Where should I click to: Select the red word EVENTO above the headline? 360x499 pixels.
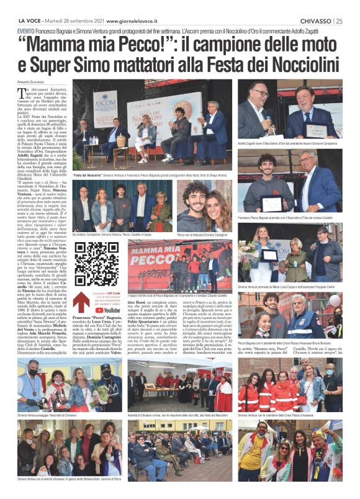point(26,30)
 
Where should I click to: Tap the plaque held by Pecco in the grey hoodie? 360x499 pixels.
point(269,202)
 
